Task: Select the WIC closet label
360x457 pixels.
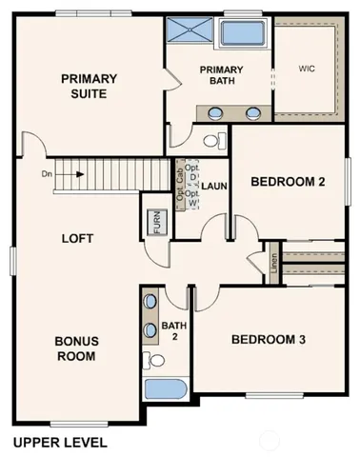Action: coord(306,69)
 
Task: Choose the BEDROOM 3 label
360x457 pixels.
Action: coord(270,341)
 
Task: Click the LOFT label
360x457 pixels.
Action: coord(77,239)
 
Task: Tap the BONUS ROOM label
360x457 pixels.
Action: coord(75,349)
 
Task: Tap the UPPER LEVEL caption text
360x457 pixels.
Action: coord(60,443)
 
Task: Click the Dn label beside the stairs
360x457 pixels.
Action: coord(47,174)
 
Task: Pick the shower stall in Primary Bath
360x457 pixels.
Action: coord(191,31)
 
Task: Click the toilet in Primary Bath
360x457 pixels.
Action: coord(214,140)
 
